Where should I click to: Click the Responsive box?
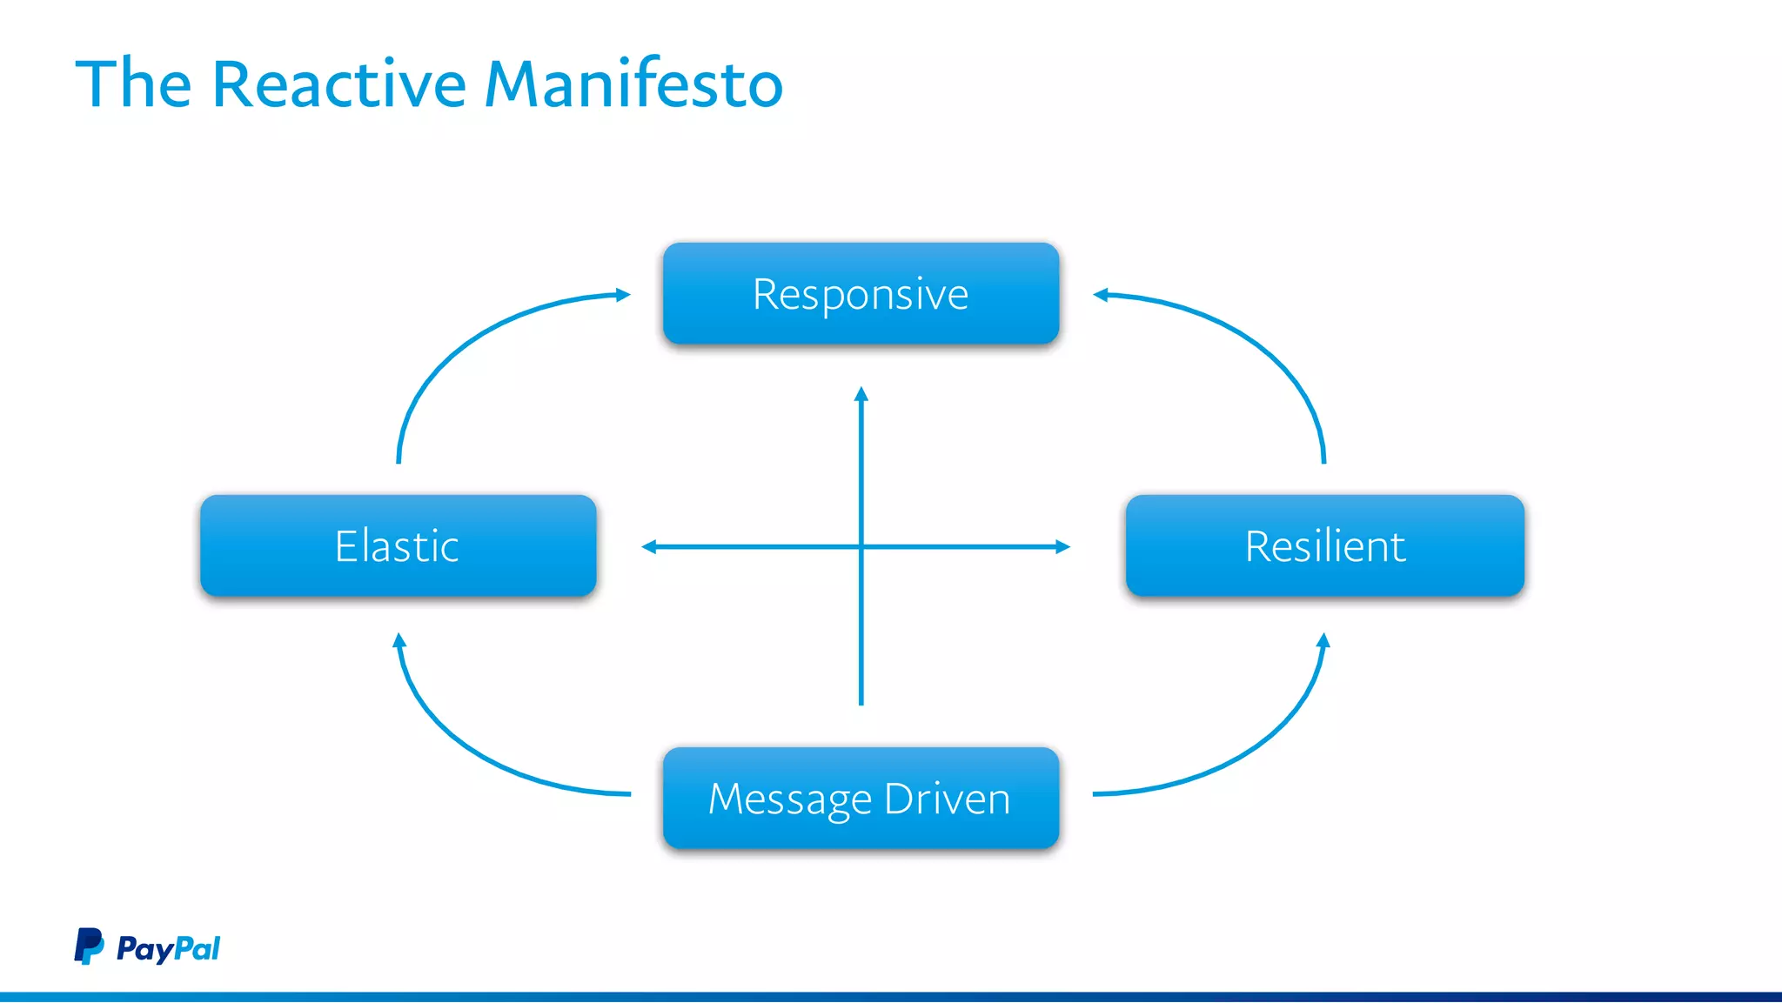(861, 293)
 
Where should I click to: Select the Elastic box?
(398, 545)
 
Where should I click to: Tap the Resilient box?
(1324, 545)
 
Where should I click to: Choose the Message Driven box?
(861, 798)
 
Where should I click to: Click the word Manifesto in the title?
(633, 84)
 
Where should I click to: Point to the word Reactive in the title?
(339, 84)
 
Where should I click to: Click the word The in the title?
(133, 84)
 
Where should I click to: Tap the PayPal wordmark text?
(168, 948)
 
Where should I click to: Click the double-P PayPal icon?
(88, 946)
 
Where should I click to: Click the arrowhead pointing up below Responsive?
(861, 394)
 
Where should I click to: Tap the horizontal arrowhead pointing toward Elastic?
(648, 546)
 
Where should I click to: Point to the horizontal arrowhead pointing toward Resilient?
(1063, 546)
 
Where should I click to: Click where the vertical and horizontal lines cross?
(861, 546)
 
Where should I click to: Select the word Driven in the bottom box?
(947, 798)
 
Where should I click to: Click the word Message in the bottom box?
(790, 799)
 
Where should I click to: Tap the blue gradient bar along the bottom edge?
(891, 997)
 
